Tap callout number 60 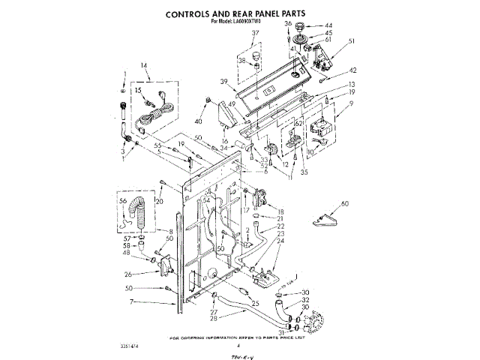tap(345, 204)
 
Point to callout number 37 tap(255, 34)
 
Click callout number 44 tap(328, 25)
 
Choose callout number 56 tap(123, 201)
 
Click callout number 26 tap(129, 274)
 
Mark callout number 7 tap(132, 301)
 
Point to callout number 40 tap(199, 121)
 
